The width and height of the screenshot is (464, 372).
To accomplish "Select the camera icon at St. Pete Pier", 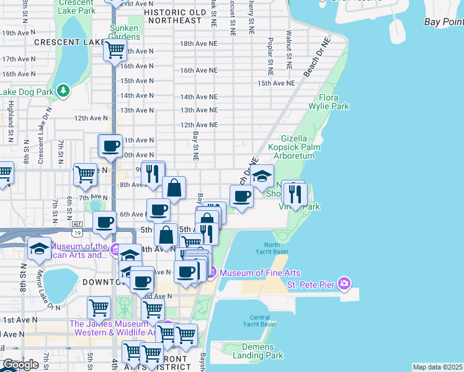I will [344, 285].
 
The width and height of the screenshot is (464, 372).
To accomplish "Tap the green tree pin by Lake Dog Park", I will [63, 92].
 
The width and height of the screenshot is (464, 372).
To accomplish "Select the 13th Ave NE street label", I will [199, 110].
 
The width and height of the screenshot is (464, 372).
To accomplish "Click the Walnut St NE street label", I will [289, 48].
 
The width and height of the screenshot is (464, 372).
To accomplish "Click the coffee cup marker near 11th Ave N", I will [111, 146].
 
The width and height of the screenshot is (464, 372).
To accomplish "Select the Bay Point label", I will [444, 22].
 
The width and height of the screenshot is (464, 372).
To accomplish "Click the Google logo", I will [20, 365].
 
